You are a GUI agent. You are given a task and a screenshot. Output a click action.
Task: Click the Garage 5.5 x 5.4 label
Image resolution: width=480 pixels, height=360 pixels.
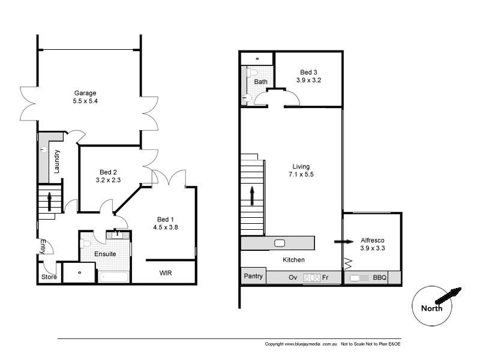pyautogui.click(x=85, y=97)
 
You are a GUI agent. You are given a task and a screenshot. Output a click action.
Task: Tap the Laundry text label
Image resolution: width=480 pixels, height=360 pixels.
pyautogui.click(x=57, y=160)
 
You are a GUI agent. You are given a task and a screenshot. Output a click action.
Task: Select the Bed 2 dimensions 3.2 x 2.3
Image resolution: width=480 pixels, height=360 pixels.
pyautogui.click(x=109, y=179)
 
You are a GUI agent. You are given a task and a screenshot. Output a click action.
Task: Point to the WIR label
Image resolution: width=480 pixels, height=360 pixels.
pyautogui.click(x=166, y=273)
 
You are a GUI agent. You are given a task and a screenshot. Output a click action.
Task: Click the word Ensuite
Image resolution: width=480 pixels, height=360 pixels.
pyautogui.click(x=105, y=254)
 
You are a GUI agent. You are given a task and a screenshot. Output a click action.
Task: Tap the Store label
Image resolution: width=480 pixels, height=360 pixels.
pyautogui.click(x=49, y=277)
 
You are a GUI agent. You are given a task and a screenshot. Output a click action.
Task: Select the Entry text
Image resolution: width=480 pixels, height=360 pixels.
pyautogui.click(x=43, y=246)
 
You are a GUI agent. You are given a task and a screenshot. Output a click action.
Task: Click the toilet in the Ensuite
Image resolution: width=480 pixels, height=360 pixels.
pyautogui.click(x=86, y=244)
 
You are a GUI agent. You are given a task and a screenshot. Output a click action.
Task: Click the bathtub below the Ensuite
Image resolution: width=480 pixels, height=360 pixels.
pyautogui.click(x=114, y=277)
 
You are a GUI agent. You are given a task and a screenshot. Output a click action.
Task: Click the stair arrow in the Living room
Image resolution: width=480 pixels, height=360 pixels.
pyautogui.click(x=252, y=195)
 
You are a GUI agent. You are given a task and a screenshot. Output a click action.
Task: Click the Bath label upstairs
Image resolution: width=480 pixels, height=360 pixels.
pyautogui.click(x=260, y=82)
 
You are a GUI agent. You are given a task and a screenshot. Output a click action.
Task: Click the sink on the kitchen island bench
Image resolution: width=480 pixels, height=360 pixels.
pyautogui.click(x=280, y=243)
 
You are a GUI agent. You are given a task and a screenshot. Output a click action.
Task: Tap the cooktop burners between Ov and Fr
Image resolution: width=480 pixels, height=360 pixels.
pyautogui.click(x=311, y=278)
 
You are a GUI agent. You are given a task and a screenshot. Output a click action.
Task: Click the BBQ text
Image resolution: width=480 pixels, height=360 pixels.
pyautogui.click(x=379, y=278)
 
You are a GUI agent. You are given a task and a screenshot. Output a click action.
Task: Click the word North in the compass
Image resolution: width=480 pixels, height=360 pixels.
pyautogui.click(x=431, y=308)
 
